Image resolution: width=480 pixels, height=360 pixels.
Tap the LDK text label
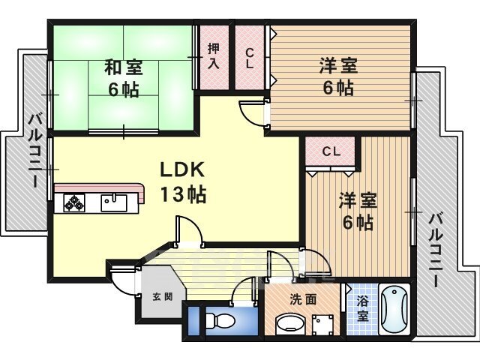[x=182, y=169]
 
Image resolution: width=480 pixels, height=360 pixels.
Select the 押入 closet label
[x=214, y=56]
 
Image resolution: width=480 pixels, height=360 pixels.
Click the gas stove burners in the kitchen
[x=74, y=203]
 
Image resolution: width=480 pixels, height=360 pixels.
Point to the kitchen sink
[x=114, y=202]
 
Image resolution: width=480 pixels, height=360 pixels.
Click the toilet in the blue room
[x=220, y=321]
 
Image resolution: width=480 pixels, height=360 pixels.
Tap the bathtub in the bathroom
[x=394, y=310]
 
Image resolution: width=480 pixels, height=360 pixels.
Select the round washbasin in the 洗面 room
[x=290, y=323]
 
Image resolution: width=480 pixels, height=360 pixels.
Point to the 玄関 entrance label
[x=163, y=296]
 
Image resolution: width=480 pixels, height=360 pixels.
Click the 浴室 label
[x=362, y=309]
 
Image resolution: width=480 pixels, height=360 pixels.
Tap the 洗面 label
[x=303, y=300]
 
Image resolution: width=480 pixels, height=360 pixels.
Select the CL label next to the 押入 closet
[x=250, y=58]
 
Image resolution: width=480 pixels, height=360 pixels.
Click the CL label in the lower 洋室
[x=331, y=151]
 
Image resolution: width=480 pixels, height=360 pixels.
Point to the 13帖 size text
[x=183, y=195]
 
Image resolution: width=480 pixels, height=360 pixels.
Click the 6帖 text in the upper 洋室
[x=338, y=88]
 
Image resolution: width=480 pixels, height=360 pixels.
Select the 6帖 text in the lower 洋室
[x=358, y=223]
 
